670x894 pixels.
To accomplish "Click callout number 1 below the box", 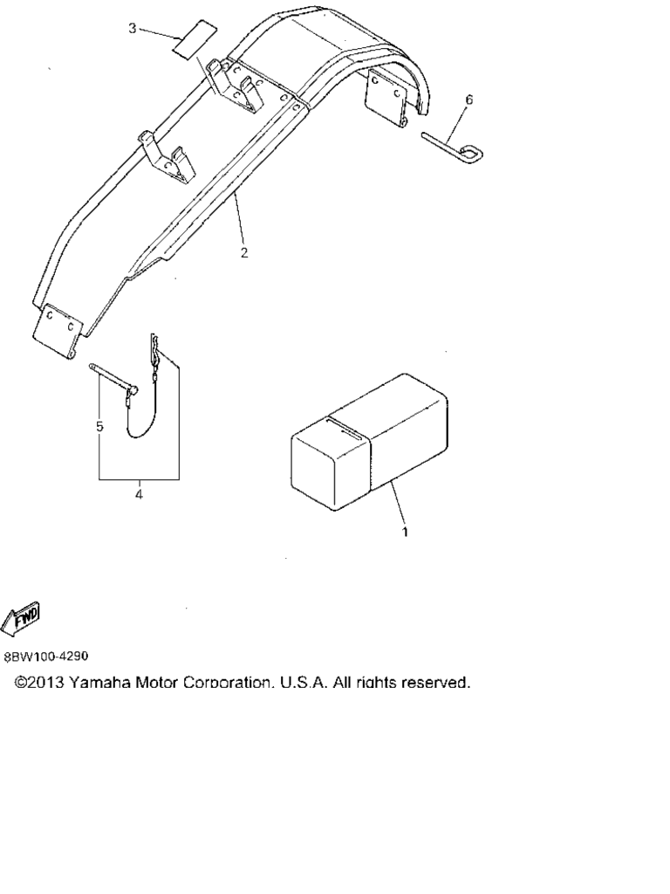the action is (405, 532).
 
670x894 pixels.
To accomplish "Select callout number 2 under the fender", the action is (244, 253).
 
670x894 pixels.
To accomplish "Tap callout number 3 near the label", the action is (132, 29).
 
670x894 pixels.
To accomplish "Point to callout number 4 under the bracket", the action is (139, 494).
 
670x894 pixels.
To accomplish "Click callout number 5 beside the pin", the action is (99, 426).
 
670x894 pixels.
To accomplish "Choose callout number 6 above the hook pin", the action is (468, 100).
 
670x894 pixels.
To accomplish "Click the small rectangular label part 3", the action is (195, 38).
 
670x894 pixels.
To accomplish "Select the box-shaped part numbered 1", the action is (369, 442).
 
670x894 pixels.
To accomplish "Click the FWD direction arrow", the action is (22, 619).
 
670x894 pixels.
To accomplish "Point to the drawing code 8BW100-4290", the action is (46, 657).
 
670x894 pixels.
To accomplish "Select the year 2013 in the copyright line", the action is (47, 683).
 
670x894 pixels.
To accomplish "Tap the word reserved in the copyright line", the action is (436, 683).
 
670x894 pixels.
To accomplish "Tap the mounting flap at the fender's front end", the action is (58, 332).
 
